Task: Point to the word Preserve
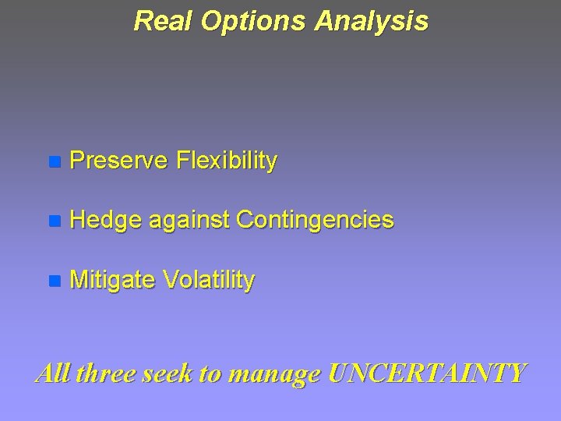click(118, 161)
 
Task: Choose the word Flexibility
click(227, 162)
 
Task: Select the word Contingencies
click(315, 221)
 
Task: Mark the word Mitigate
click(111, 281)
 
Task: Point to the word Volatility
click(208, 281)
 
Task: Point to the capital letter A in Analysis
click(324, 21)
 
